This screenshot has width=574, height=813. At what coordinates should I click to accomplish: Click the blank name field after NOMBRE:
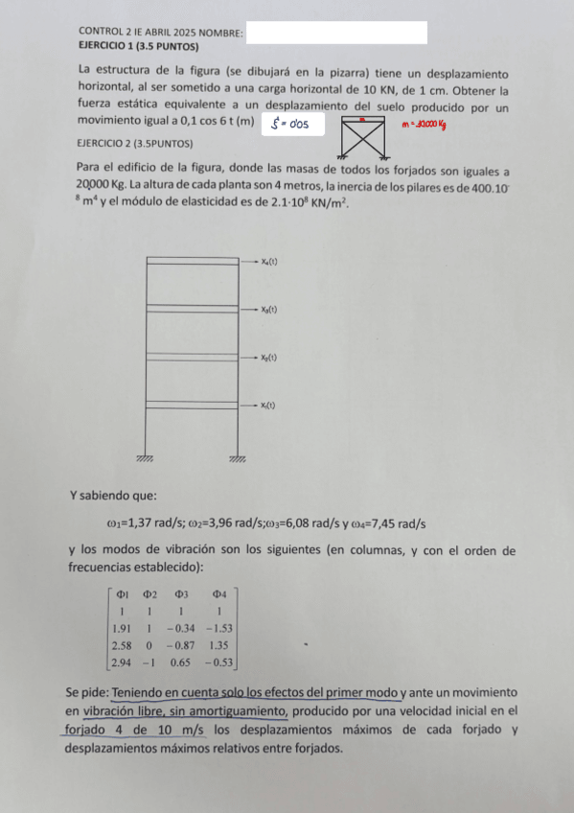click(x=335, y=33)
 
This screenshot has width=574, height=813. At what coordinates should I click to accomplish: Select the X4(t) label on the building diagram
click(x=268, y=261)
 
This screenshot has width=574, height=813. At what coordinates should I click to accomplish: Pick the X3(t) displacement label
click(x=268, y=310)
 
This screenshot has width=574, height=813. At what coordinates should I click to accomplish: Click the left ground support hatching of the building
click(x=146, y=459)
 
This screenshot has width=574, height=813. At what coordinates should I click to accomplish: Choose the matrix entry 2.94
click(x=122, y=662)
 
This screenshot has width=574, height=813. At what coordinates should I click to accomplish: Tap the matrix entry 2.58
click(x=122, y=645)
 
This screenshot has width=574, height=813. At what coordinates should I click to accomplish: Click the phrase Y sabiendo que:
click(x=113, y=496)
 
